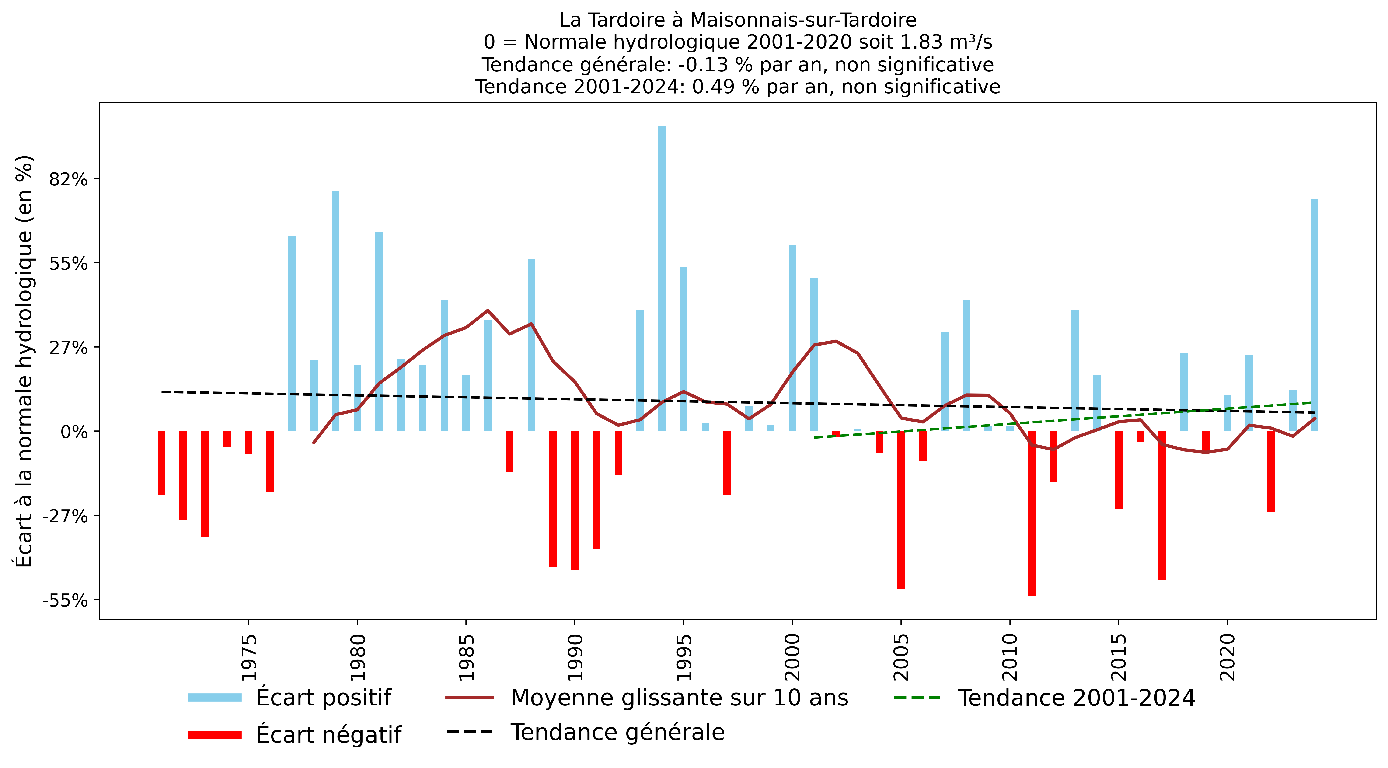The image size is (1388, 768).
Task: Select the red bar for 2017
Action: click(x=1162, y=505)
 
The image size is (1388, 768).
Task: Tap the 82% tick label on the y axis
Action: click(x=68, y=179)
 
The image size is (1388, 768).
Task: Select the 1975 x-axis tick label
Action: click(x=248, y=657)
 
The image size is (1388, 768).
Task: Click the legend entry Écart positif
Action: click(x=323, y=697)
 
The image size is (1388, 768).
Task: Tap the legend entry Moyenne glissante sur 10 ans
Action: click(x=679, y=697)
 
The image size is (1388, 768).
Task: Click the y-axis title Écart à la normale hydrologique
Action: click(x=24, y=361)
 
